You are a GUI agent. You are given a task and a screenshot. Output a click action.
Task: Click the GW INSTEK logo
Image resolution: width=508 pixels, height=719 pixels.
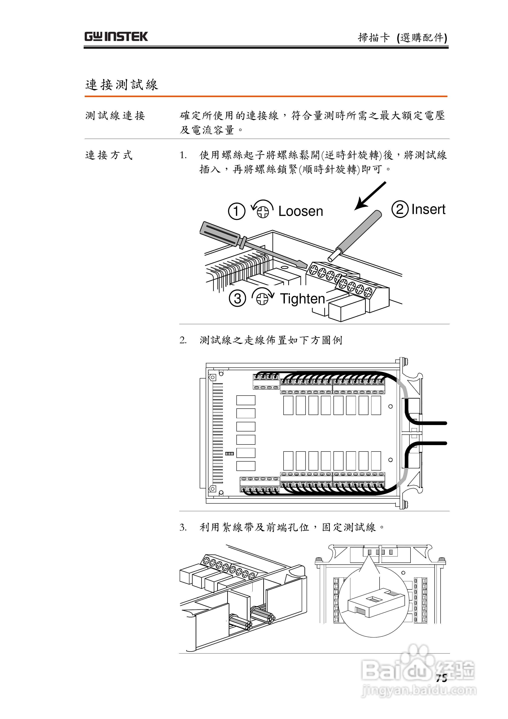click(116, 37)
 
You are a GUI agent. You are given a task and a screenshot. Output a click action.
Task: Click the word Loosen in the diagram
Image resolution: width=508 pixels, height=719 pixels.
click(300, 211)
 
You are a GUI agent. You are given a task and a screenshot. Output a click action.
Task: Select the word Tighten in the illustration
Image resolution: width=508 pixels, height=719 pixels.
click(302, 299)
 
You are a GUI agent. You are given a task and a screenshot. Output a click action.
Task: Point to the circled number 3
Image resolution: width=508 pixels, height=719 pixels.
click(237, 298)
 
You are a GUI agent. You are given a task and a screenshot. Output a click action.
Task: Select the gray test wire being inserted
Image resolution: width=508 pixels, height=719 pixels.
click(357, 235)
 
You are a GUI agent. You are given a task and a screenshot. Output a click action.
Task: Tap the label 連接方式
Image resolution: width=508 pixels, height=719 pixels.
click(109, 155)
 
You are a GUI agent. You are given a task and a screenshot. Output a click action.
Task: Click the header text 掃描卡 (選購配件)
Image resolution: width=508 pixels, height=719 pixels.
click(402, 38)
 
